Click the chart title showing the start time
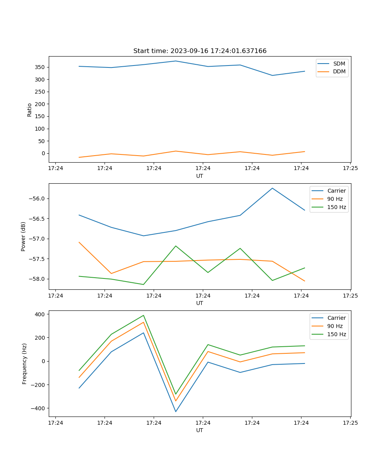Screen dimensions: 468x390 (x=200, y=51)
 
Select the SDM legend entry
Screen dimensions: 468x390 (x=339, y=64)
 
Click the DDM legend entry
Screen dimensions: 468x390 (x=339, y=71)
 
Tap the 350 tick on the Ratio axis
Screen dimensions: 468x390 (x=40, y=67)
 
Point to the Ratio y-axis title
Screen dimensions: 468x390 (x=30, y=110)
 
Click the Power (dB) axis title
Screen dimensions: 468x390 (x=23, y=236)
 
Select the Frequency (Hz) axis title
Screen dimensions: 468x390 (x=25, y=363)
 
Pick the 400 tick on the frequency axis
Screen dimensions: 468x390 (x=40, y=314)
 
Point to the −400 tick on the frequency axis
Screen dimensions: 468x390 (x=38, y=408)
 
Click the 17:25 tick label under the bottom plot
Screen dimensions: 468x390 (x=350, y=423)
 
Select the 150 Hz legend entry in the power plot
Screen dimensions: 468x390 (x=336, y=207)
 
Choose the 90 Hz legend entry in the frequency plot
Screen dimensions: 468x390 (x=335, y=326)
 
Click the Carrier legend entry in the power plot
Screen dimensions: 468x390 (x=336, y=191)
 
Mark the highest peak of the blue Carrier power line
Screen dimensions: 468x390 (x=272, y=188)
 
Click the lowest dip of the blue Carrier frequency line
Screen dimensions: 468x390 (x=175, y=411)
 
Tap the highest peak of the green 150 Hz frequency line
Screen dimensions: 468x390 (x=143, y=316)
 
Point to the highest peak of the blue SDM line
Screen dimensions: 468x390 (x=175, y=61)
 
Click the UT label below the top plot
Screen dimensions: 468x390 (x=200, y=176)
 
